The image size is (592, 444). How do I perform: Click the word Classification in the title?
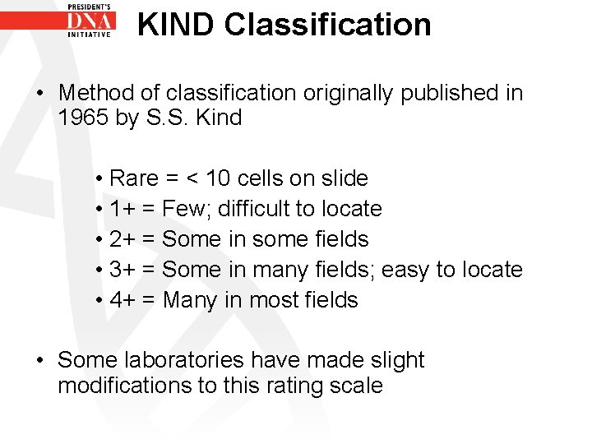click(327, 25)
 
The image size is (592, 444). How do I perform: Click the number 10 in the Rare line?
click(220, 178)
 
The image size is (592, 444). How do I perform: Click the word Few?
click(186, 209)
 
